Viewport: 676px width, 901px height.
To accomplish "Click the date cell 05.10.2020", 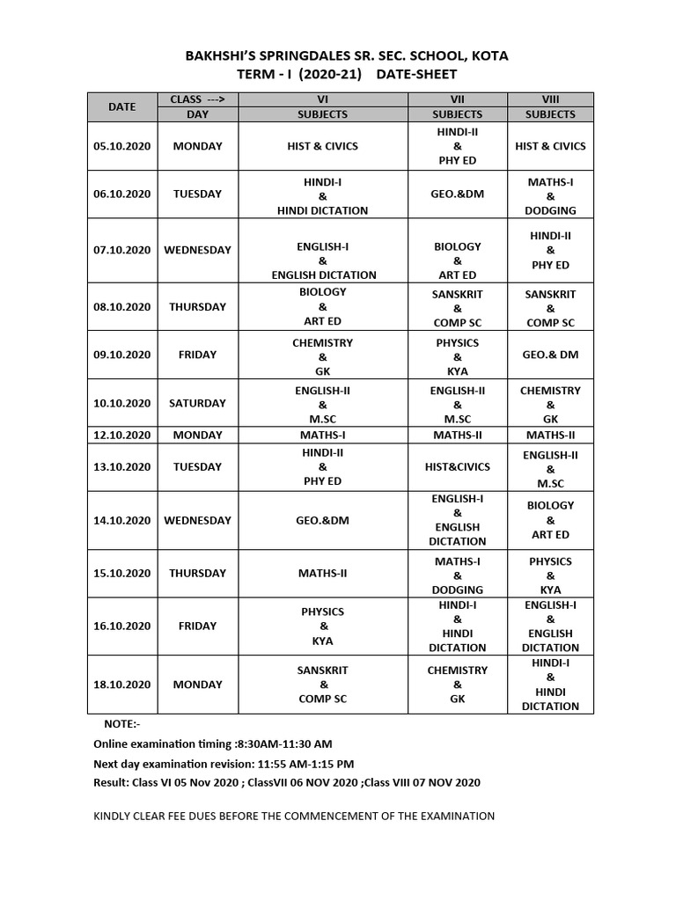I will pos(121,146).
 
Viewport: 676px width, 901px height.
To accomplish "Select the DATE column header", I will pos(121,106).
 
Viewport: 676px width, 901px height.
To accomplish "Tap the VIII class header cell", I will pos(550,99).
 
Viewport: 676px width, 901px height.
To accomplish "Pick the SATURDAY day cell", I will pos(197,403).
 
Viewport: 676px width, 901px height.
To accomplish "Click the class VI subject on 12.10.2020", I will pos(322,435).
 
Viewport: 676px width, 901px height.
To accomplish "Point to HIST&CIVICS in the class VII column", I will pos(457,466).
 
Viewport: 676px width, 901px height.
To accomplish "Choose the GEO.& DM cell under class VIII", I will pos(550,355).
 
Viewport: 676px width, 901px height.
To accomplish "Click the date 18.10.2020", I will pos(121,685).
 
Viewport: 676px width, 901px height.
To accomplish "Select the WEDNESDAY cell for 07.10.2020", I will pos(197,250).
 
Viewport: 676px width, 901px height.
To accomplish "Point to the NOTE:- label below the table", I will pos(121,723).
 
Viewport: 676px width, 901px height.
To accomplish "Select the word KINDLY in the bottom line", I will pos(114,816).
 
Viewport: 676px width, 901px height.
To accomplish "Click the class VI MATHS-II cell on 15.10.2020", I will pos(322,573).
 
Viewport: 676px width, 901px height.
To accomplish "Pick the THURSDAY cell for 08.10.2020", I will pos(197,307).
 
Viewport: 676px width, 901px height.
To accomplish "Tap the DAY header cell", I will pos(197,114).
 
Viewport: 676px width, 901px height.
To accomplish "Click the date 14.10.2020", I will pos(121,520).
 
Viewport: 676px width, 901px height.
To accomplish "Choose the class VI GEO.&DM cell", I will pos(322,520).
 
